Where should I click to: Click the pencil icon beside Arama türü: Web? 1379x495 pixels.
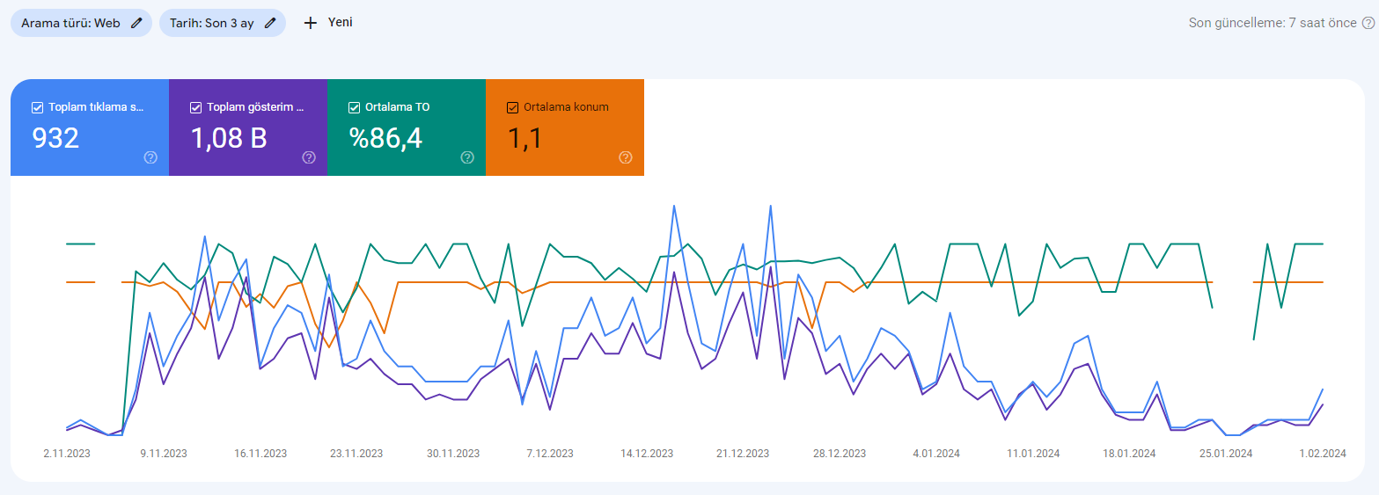coord(136,24)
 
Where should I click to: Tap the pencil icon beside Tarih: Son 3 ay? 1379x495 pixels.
coord(270,24)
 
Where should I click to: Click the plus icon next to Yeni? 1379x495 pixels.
coord(311,24)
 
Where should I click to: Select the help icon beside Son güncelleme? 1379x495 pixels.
coord(1368,24)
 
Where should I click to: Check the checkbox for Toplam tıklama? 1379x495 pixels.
coord(38,107)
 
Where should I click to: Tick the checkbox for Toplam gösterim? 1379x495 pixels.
coord(195,107)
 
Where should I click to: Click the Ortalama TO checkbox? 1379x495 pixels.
coord(354,107)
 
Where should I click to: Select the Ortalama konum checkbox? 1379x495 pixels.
coord(512,107)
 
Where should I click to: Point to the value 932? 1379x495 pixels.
coord(55,138)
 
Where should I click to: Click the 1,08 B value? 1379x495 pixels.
coord(229,138)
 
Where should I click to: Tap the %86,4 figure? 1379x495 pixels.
coord(386,138)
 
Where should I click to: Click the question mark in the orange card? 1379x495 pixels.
coord(626,157)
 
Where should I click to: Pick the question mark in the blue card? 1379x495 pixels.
coord(150,157)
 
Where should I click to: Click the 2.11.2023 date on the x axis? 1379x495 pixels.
coord(67,454)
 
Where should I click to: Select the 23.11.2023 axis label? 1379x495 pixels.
coord(356,454)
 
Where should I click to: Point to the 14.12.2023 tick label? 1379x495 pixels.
coord(647,454)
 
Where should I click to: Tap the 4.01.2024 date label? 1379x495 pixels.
coord(936,454)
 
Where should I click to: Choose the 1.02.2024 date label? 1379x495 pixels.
coord(1323,454)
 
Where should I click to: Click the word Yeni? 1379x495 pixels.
coord(341,22)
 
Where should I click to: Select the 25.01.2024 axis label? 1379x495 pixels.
coord(1226,454)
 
